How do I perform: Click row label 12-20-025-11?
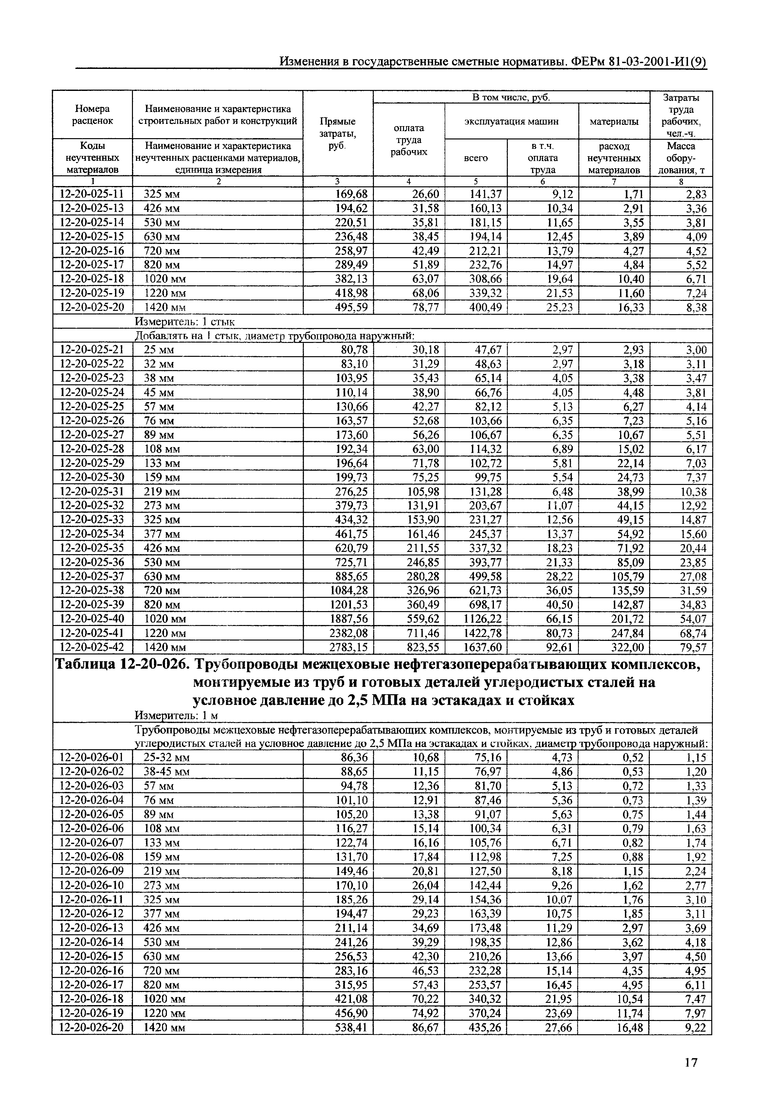92,194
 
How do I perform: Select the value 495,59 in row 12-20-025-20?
352,307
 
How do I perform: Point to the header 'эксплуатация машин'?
511,122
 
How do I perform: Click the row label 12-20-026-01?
92,757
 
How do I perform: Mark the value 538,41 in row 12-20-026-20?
352,1027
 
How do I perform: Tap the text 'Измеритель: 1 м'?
176,715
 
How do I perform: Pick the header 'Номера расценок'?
93,115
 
